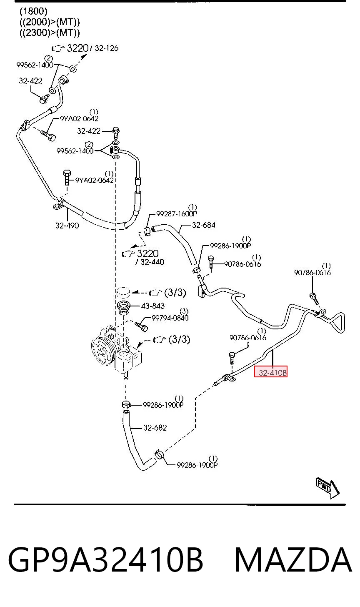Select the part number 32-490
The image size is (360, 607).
(67, 226)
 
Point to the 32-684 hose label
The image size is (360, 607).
(204, 225)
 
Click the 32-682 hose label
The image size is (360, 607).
(155, 428)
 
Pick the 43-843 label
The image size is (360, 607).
(153, 306)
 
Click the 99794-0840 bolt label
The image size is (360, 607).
(170, 318)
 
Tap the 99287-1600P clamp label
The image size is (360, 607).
(177, 214)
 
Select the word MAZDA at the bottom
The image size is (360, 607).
(293, 561)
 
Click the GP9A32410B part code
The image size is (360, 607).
(106, 561)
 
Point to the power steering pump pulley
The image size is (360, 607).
(102, 351)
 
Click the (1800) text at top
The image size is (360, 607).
(33, 11)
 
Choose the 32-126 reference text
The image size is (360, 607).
(106, 48)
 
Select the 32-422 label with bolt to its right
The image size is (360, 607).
(89, 131)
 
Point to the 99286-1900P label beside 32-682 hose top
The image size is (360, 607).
(163, 405)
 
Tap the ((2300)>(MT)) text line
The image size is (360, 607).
(50, 33)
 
